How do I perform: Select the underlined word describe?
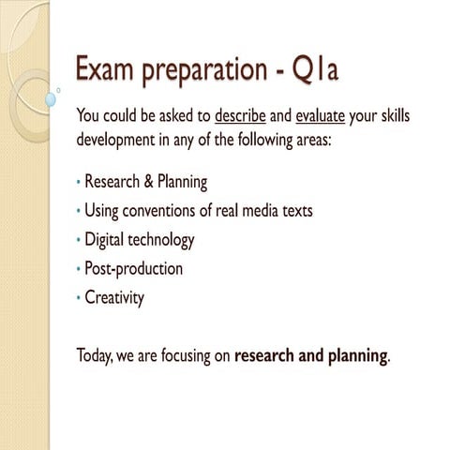(240, 117)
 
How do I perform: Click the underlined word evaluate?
(321, 117)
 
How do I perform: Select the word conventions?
(164, 210)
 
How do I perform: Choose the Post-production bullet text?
(133, 269)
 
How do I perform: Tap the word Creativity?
(114, 298)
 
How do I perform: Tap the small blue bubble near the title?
(51, 98)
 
